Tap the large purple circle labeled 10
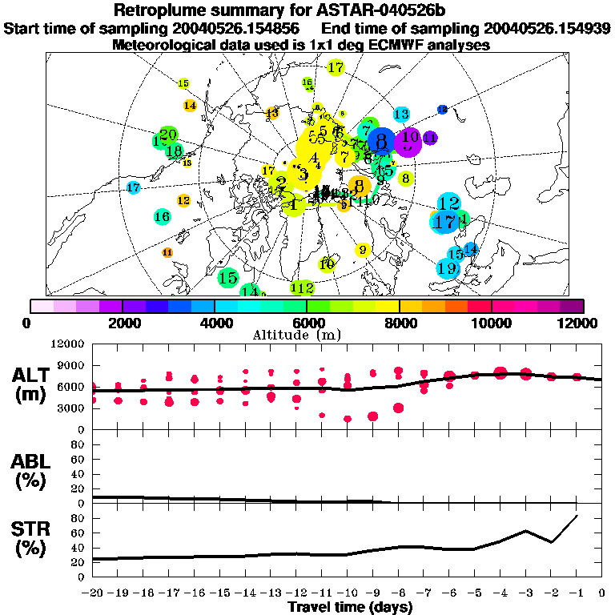(409, 140)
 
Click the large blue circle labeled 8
(381, 143)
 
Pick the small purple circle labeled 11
(430, 138)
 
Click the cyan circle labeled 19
(447, 268)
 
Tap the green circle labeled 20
(168, 134)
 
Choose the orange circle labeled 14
(190, 105)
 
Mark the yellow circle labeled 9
(363, 251)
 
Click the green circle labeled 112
(303, 287)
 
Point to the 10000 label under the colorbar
(491, 323)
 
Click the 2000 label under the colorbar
(121, 323)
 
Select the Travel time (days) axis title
(350, 607)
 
